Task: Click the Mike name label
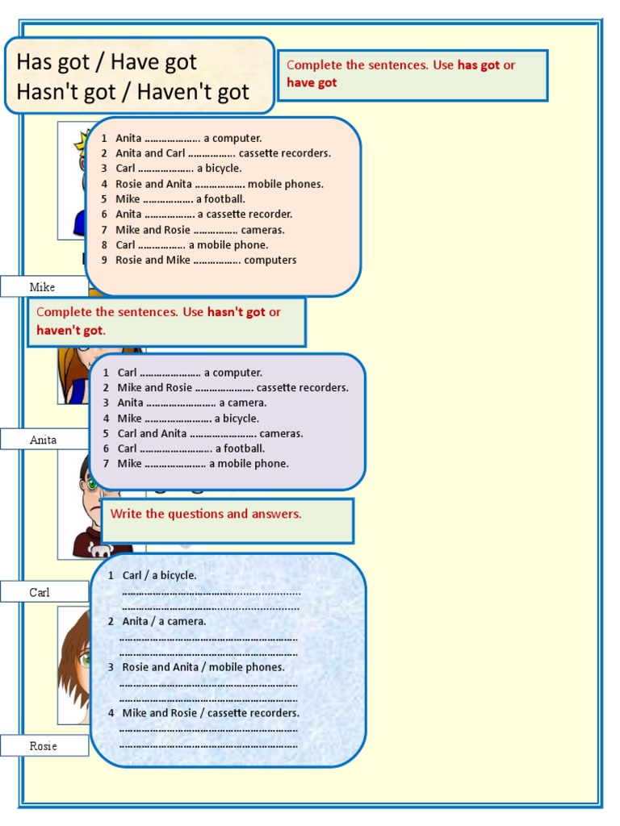pos(42,287)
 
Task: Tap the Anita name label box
pos(43,440)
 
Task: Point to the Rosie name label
pos(43,746)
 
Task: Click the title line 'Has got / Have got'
pos(107,61)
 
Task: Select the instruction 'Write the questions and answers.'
pos(206,514)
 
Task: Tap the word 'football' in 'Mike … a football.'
pos(225,199)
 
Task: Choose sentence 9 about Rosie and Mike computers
pos(206,260)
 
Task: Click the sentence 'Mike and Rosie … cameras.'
pos(199,230)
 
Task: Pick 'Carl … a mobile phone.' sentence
pos(192,245)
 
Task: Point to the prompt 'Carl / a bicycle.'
pos(159,575)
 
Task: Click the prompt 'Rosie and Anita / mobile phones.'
pos(203,667)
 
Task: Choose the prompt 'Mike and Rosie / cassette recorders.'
pos(210,713)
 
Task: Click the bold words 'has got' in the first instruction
pos(479,65)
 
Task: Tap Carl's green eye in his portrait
pos(92,484)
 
